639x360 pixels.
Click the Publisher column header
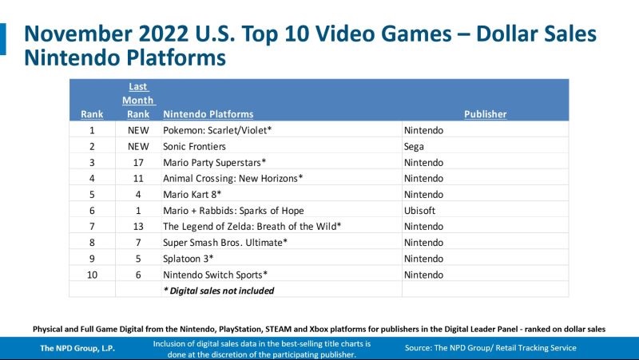485,114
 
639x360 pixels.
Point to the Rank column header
92,114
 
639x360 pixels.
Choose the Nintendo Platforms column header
208,114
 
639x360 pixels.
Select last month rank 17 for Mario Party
138,162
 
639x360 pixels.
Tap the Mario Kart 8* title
192,194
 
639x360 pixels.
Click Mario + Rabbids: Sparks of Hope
231,210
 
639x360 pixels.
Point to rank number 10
92,275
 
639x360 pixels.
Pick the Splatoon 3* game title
189,259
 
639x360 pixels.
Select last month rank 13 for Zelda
138,227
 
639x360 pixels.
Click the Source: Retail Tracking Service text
490,348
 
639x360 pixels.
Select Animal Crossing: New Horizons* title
233,178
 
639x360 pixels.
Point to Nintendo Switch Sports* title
215,275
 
